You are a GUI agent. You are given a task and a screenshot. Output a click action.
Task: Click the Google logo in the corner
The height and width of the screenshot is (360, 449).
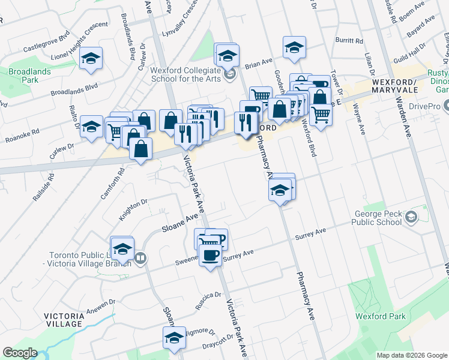pyautogui.click(x=19, y=353)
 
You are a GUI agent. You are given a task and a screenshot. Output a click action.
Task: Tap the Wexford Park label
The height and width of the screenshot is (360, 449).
pyautogui.click(x=380, y=316)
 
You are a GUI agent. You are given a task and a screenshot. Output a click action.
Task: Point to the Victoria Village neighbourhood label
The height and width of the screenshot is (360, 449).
pyautogui.click(x=62, y=319)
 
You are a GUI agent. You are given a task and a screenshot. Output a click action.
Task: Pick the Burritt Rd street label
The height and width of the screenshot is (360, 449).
pyautogui.click(x=350, y=41)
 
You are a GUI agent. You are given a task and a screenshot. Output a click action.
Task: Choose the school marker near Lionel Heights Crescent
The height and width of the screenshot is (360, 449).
pyautogui.click(x=91, y=58)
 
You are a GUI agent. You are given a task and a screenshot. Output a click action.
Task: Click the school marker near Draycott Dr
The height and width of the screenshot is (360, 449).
pyautogui.click(x=174, y=337)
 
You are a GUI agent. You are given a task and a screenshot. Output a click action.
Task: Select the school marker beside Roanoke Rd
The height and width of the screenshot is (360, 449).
pyautogui.click(x=91, y=127)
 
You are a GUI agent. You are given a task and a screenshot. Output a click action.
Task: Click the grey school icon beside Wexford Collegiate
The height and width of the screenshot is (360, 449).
pyautogui.click(x=229, y=74)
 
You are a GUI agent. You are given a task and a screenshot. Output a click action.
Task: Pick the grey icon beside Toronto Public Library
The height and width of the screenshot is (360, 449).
pyautogui.click(x=140, y=258)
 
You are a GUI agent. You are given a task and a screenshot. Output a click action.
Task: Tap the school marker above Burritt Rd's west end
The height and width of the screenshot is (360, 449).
pyautogui.click(x=294, y=47)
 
